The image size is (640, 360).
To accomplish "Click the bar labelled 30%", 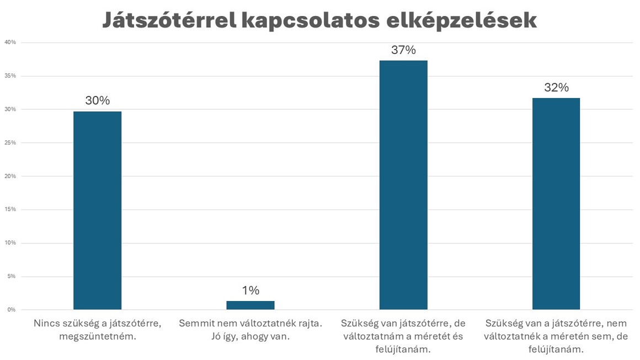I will (97, 210).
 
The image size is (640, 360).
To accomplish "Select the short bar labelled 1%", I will (250, 305).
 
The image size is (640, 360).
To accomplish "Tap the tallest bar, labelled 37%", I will (403, 185).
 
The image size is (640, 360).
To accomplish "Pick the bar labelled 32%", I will (556, 203).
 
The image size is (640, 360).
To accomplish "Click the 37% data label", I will (403, 50).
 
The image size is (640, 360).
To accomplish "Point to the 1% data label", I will (250, 291).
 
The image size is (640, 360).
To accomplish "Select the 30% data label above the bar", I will (97, 101).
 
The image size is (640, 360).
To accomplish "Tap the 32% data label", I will (556, 88).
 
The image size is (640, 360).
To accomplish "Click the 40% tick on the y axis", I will (10, 42).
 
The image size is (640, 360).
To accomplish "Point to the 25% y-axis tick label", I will (10, 143).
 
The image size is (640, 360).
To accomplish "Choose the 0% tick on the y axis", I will (11, 310).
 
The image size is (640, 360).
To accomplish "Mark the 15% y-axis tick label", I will (10, 209).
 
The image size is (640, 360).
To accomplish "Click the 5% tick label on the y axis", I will (11, 276).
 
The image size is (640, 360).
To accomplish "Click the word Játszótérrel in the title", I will (168, 21).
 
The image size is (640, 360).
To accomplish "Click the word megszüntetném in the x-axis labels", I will (97, 336).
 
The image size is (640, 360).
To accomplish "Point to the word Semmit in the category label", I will (195, 324).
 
